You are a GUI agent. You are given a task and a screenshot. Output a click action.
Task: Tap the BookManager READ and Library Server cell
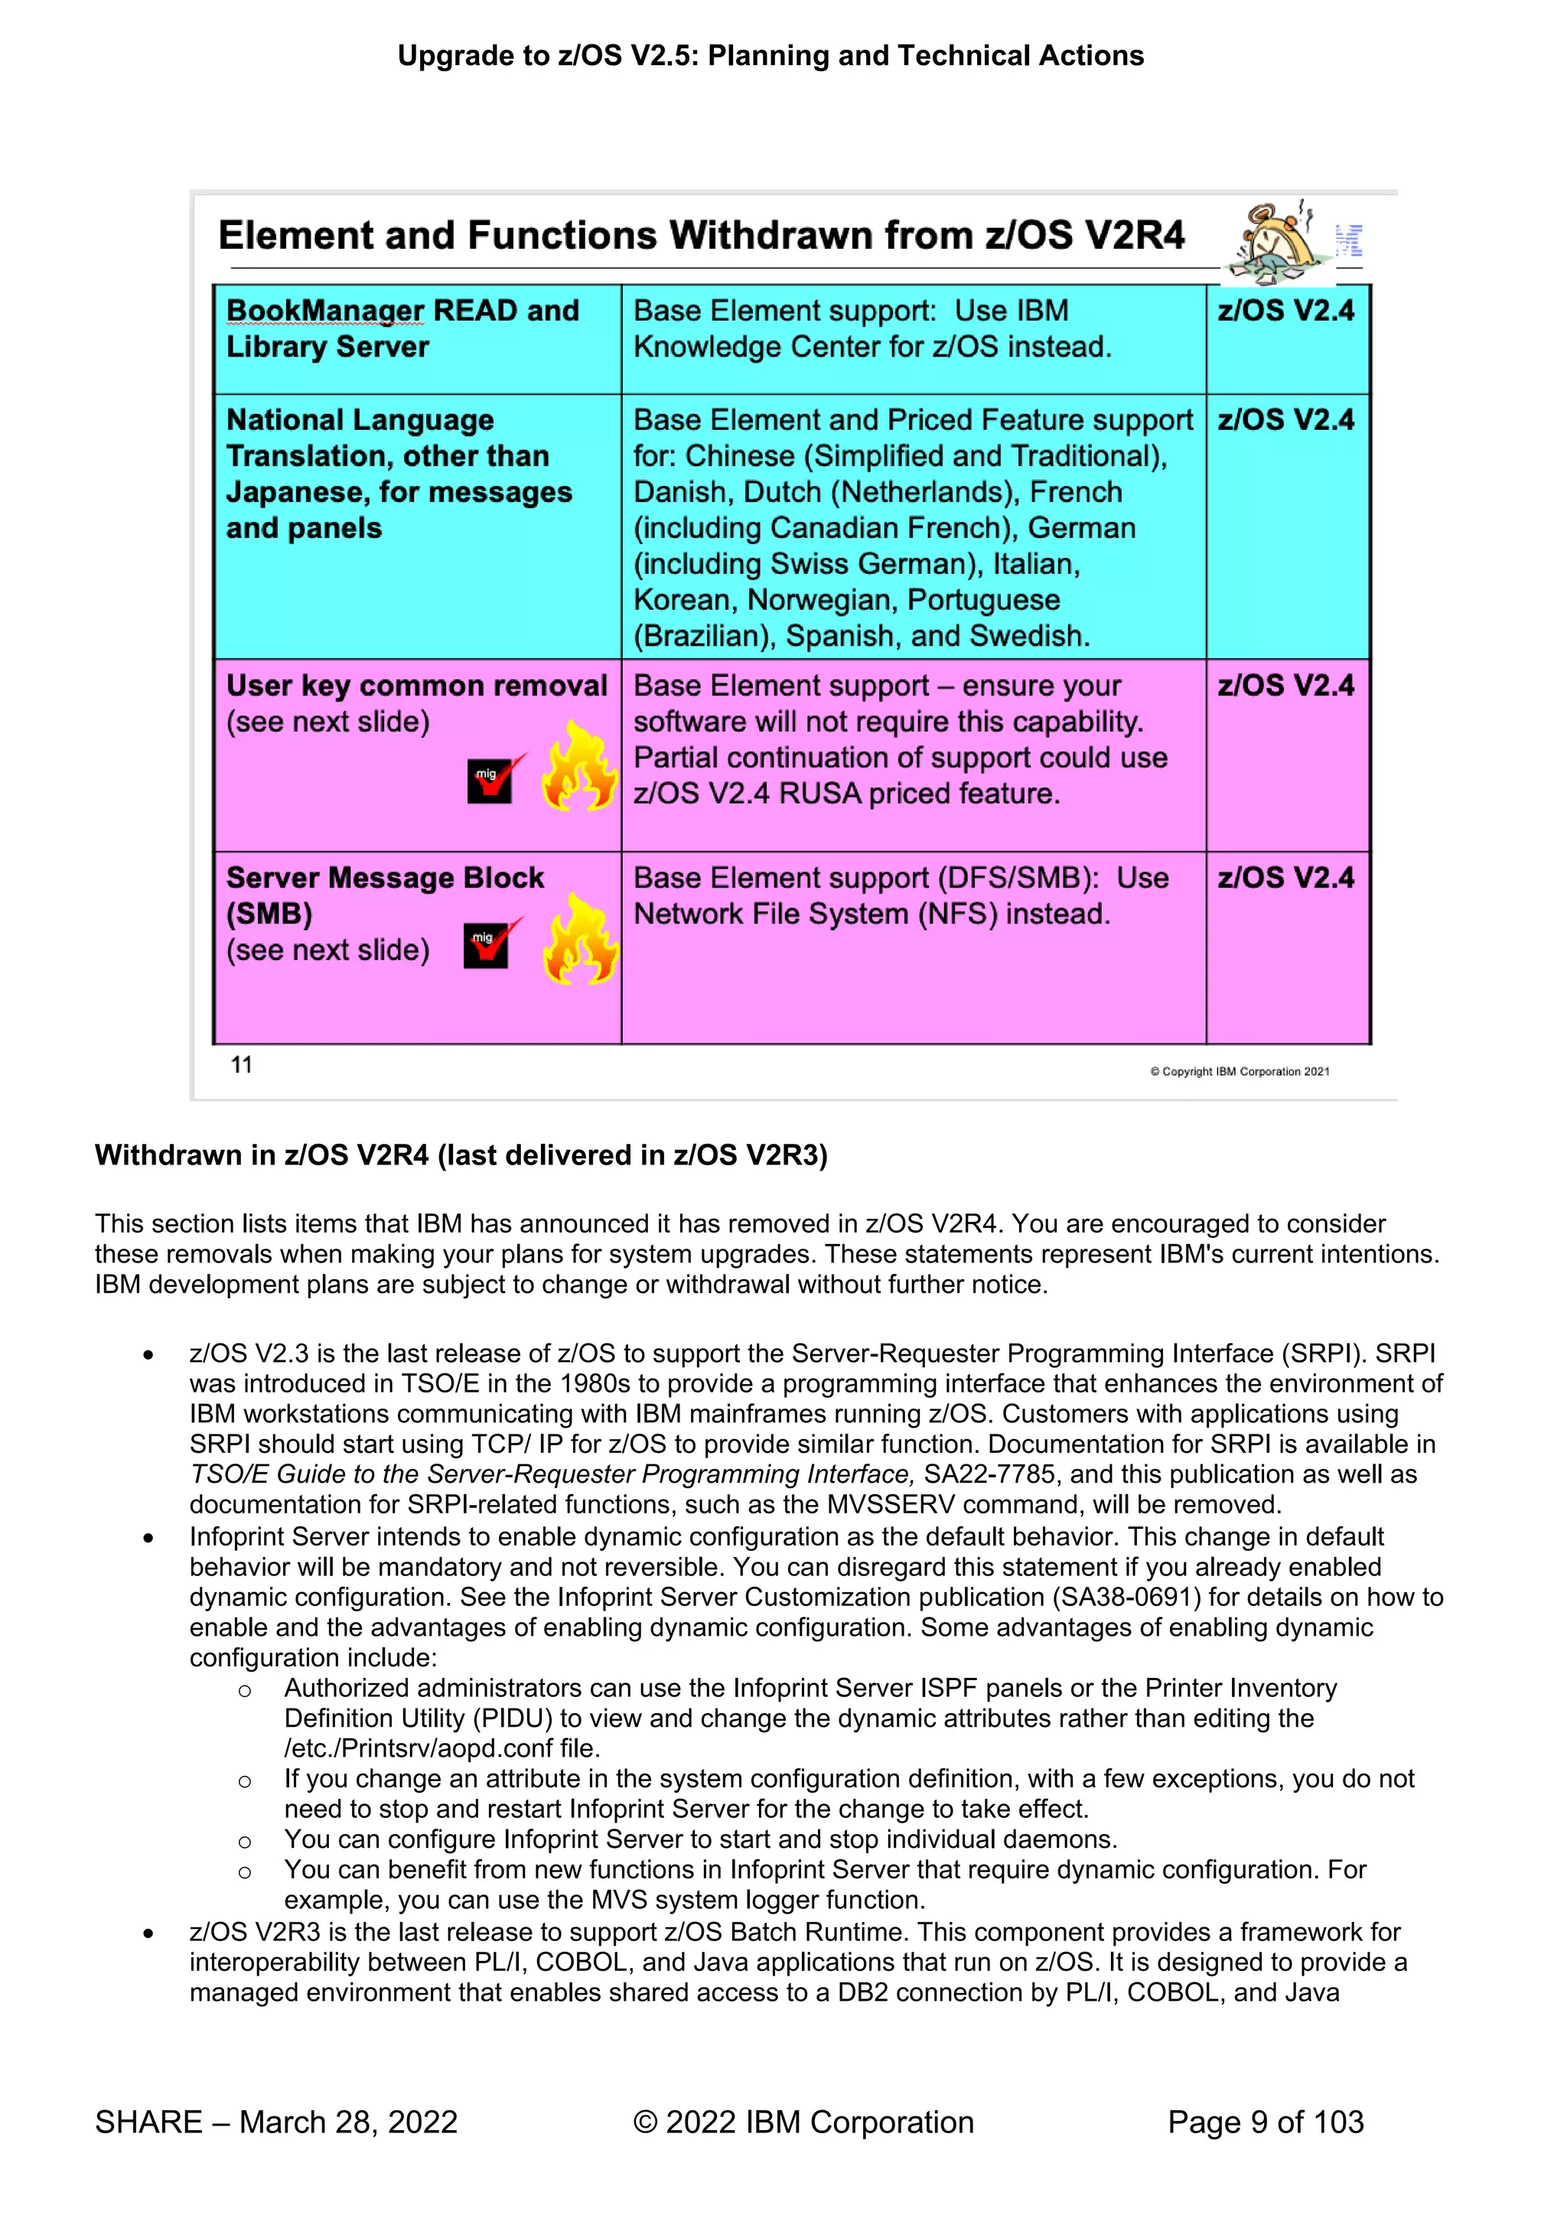(x=402, y=329)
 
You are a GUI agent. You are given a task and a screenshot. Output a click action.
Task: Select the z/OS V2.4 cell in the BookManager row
(x=1285, y=311)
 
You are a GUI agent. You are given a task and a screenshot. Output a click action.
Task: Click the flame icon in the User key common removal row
(x=579, y=767)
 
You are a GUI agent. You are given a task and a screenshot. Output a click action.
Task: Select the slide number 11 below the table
(x=241, y=1065)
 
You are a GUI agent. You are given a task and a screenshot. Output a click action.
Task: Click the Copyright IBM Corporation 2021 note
(x=1239, y=1072)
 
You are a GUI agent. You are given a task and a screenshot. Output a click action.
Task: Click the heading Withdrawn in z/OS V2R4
(x=461, y=1156)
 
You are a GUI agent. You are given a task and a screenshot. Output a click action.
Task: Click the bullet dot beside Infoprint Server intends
(x=148, y=1538)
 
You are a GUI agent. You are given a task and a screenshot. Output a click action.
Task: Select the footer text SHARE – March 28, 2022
(x=276, y=2122)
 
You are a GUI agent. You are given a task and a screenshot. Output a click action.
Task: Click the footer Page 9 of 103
(x=1265, y=2122)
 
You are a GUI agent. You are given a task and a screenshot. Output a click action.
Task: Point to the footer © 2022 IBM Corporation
(x=803, y=2122)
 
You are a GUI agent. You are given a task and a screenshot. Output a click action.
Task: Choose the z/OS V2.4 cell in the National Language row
(x=1285, y=421)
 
